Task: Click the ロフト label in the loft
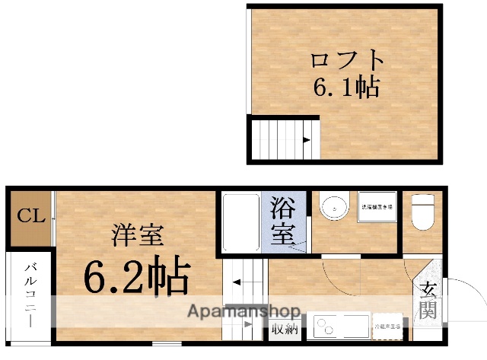point(346,60)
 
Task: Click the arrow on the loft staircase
point(305,139)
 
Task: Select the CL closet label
point(31,216)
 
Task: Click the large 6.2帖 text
point(135,277)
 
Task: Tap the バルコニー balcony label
point(31,294)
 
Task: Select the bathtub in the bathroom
point(241,221)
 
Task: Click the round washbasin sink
point(333,207)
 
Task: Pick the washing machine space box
point(377,206)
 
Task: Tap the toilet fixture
point(422,212)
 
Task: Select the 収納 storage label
point(285,330)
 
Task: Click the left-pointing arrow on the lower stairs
point(237,282)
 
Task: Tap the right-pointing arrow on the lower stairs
point(249,325)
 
